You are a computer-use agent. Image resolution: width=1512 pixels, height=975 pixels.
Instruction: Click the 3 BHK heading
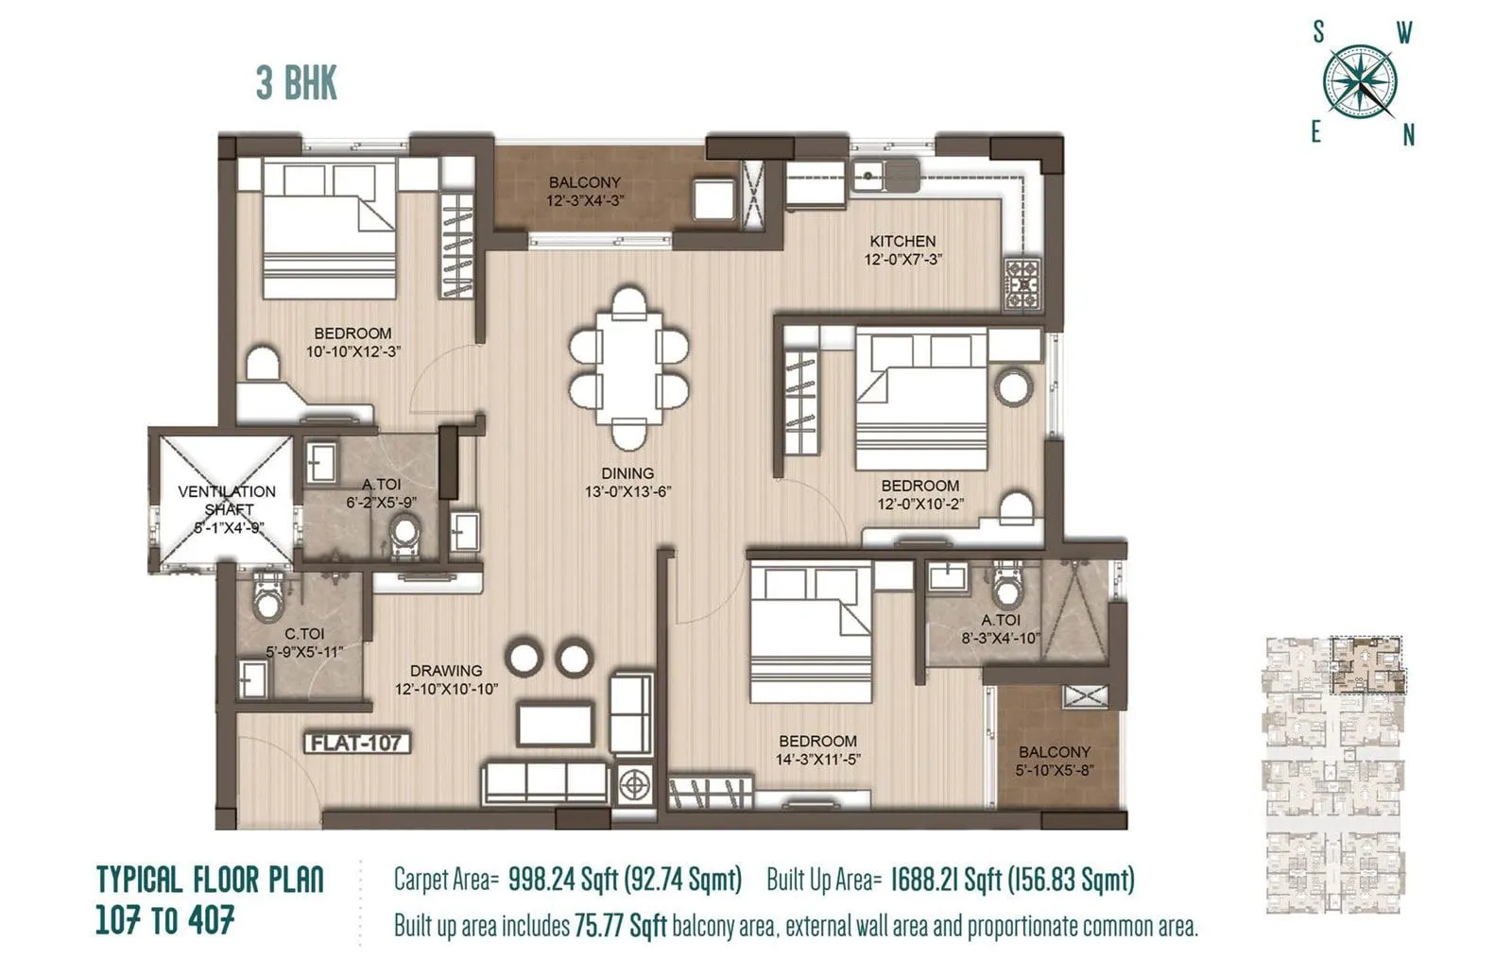tap(296, 83)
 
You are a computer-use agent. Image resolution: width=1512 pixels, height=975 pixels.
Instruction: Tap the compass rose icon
tap(1360, 82)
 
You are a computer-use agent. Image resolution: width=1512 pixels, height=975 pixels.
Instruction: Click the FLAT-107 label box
tap(357, 743)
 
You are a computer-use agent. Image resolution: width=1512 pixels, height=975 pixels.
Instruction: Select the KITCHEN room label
tap(902, 242)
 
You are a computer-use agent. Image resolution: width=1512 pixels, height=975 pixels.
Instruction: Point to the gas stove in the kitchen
tap(1022, 282)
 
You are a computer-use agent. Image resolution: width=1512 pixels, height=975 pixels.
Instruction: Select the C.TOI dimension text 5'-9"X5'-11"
tap(303, 651)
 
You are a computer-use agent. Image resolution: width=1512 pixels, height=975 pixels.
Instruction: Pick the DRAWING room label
tap(445, 671)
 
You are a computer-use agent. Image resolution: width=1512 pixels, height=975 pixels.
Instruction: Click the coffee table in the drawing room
tap(556, 724)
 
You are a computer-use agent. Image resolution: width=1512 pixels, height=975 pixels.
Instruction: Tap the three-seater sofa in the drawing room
tap(545, 783)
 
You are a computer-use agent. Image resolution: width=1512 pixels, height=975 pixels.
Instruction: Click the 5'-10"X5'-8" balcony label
tap(1054, 769)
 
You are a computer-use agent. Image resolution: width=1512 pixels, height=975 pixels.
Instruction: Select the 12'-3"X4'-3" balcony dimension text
tap(585, 200)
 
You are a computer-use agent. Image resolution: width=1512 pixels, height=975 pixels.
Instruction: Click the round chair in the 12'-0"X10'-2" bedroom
tap(1014, 386)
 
